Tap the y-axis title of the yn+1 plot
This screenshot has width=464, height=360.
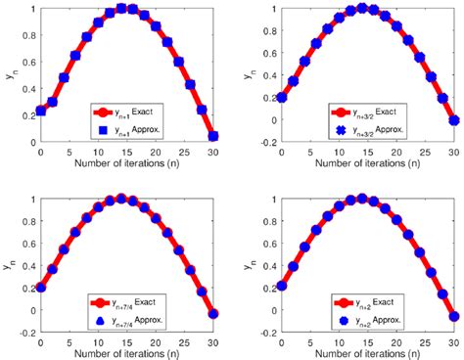point(9,75)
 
